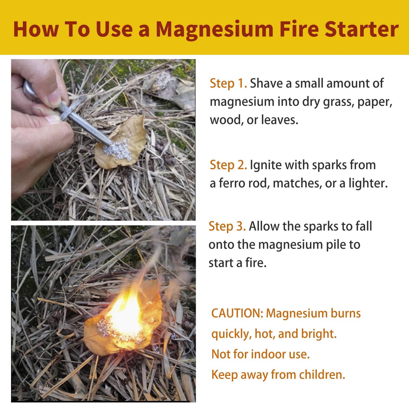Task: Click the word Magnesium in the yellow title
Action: point(214,30)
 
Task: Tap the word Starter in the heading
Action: point(361,29)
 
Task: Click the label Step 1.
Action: point(228,83)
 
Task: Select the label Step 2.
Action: point(228,165)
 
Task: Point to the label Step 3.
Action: point(227,226)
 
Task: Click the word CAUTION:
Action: point(237,313)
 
